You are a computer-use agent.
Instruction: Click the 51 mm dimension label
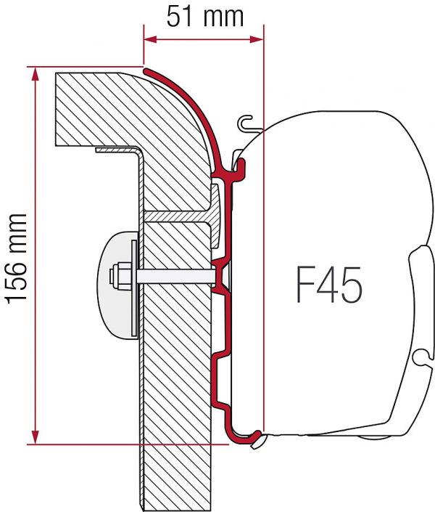204,16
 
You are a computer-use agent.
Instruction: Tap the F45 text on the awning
329,285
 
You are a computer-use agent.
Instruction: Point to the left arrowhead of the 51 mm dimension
150,39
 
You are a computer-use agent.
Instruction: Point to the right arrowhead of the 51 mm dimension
257,39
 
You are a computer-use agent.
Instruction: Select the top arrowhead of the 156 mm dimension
36,74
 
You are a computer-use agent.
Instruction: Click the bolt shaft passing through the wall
176,277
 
